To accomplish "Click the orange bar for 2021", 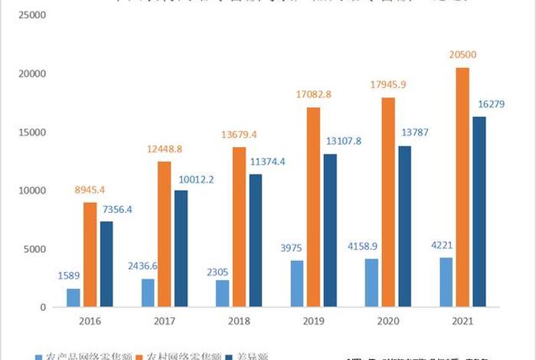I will pyautogui.click(x=462, y=187).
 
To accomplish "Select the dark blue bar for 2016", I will pyautogui.click(x=106, y=264).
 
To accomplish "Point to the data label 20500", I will pyautogui.click(x=463, y=55).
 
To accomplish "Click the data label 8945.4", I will pyautogui.click(x=90, y=189).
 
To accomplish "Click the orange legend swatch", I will pyautogui.click(x=143, y=356).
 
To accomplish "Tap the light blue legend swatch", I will pyautogui.click(x=39, y=356).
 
